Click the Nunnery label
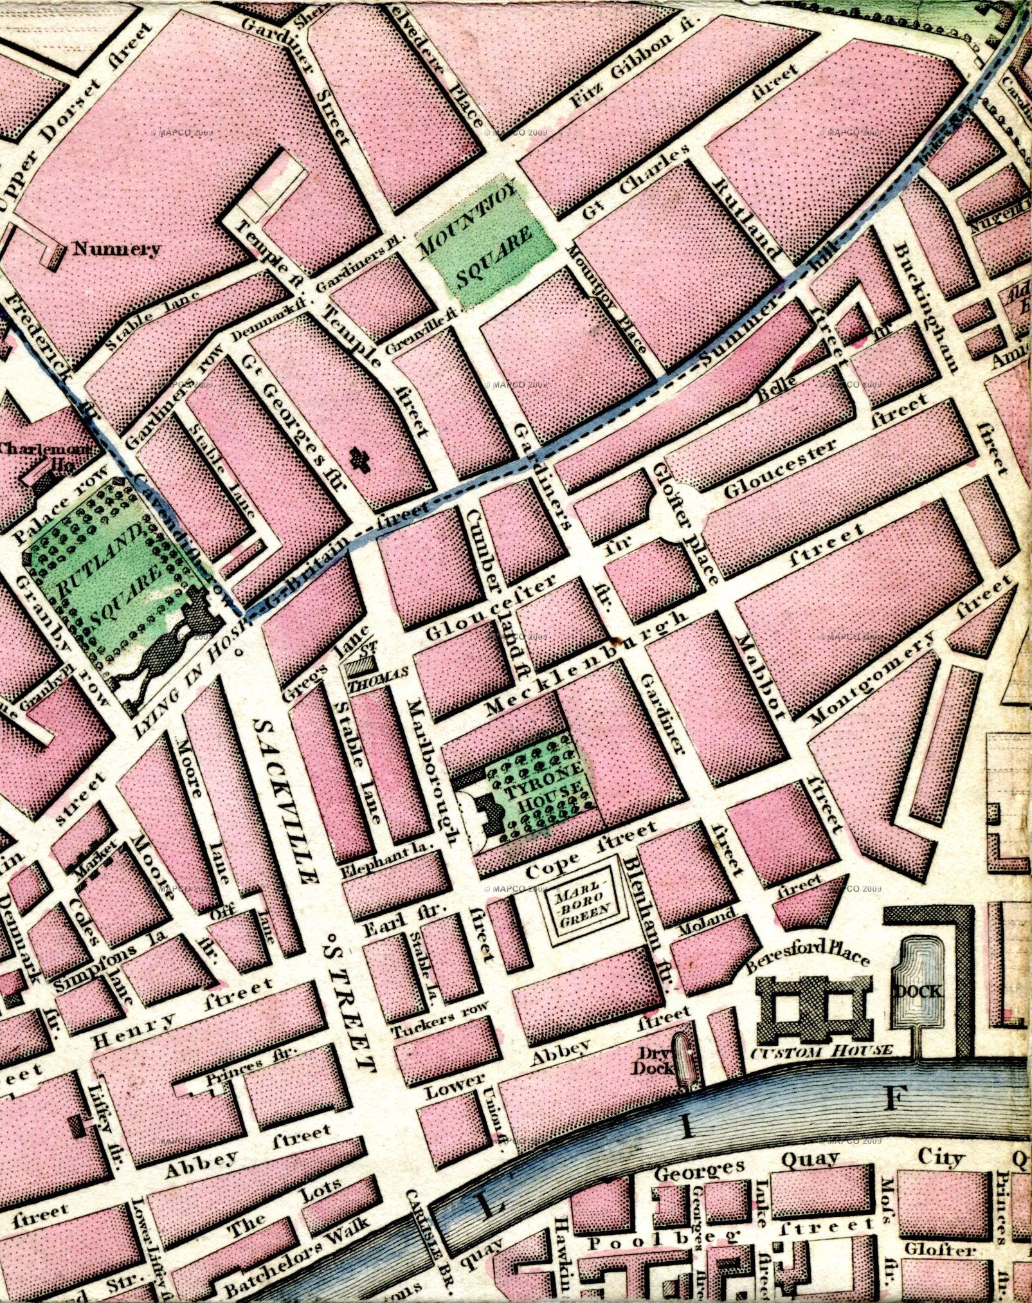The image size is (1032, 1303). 116,249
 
